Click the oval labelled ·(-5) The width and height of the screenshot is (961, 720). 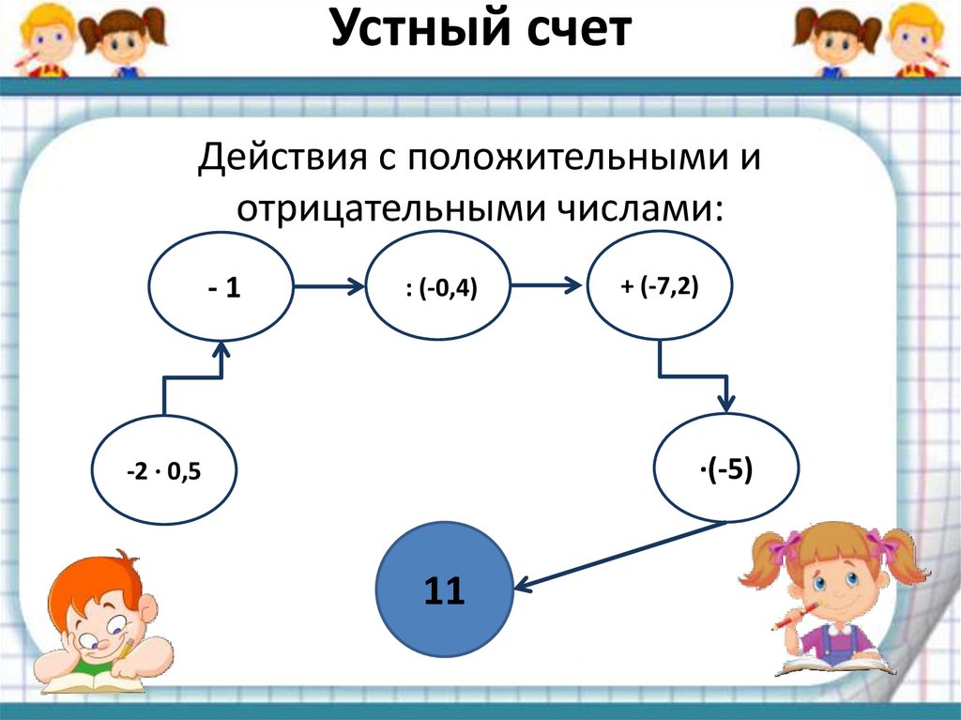click(725, 467)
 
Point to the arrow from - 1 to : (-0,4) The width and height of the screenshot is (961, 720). click(328, 288)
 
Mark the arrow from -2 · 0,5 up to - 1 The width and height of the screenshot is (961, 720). click(192, 377)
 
